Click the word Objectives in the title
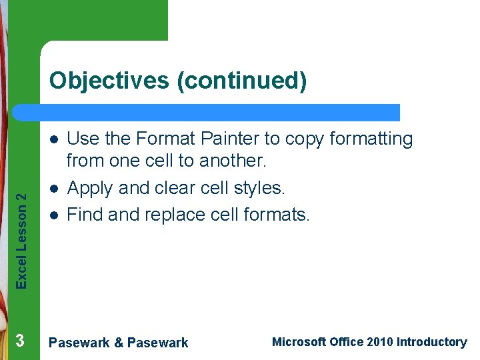109,81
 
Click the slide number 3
20,341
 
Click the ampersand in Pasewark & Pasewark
119,343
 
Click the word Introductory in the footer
431,342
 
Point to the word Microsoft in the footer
299,342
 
